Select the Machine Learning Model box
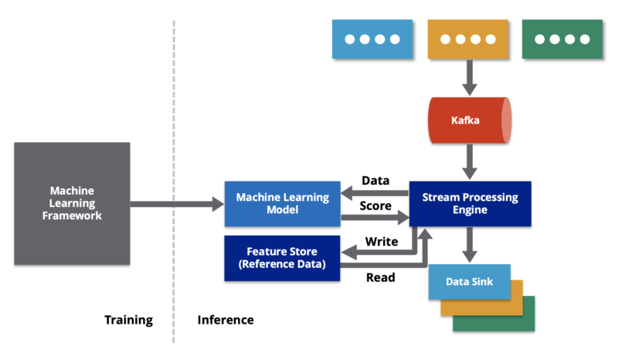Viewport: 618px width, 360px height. coord(283,204)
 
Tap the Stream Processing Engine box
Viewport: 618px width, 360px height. coord(470,204)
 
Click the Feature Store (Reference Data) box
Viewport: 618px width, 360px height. coord(283,258)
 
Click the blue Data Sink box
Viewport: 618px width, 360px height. coord(469,282)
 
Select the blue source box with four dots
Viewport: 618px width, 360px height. coord(372,39)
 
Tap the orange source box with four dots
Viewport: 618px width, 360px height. coord(468,39)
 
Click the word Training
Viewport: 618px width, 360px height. coord(128,320)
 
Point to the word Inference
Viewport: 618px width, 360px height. coord(226,320)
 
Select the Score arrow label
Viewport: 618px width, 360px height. coord(375,206)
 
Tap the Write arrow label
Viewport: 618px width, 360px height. coord(381,242)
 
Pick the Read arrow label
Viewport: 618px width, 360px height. coord(380,277)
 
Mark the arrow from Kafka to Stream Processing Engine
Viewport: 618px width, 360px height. coord(468,161)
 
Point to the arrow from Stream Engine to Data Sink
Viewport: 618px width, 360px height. coord(468,246)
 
